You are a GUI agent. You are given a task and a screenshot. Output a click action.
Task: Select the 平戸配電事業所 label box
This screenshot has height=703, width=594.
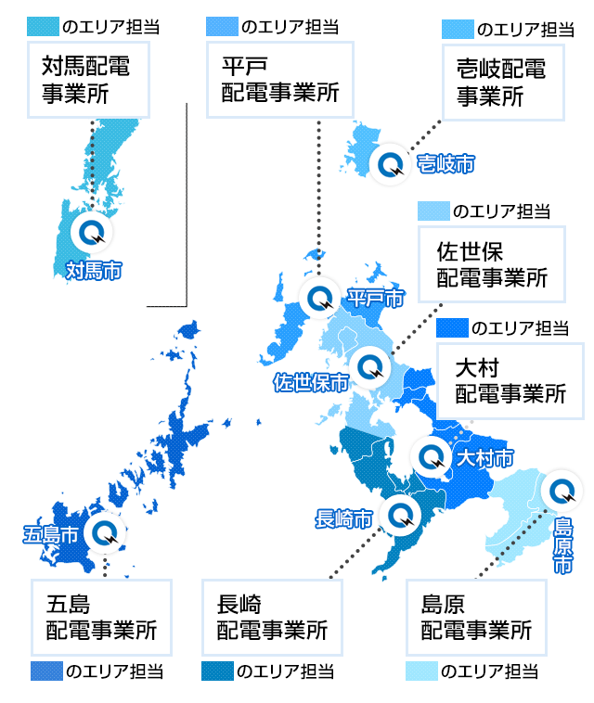(279, 80)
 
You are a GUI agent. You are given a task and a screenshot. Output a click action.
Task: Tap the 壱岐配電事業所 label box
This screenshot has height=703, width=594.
(501, 82)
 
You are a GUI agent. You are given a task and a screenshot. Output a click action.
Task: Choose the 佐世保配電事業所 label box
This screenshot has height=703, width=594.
(491, 264)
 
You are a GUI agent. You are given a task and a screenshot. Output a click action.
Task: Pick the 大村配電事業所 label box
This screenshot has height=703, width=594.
(510, 380)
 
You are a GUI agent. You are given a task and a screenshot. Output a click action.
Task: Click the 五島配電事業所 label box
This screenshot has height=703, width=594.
(101, 617)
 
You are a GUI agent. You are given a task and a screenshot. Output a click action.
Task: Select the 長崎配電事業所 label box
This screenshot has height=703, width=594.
(272, 617)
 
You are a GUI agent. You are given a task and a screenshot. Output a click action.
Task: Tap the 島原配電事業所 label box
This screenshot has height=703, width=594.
(475, 617)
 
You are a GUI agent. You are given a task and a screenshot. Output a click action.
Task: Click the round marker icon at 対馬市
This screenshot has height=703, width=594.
(93, 232)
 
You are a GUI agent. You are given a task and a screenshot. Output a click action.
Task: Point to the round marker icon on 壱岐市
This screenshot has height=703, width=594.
(391, 164)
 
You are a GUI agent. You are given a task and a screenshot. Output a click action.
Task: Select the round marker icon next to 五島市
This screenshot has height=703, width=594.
(102, 533)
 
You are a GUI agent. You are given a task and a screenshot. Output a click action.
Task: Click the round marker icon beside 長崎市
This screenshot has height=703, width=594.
(400, 514)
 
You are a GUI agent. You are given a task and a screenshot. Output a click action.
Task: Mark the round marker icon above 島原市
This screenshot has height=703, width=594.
(562, 489)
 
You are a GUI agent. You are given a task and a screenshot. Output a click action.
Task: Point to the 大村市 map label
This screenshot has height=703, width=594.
(484, 458)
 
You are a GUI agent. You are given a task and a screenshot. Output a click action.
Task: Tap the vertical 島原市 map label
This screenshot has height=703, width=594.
(563, 546)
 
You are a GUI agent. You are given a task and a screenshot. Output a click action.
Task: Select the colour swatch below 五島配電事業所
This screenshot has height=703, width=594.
(45, 671)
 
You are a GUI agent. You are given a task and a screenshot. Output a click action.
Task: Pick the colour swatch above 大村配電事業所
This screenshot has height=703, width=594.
(451, 327)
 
